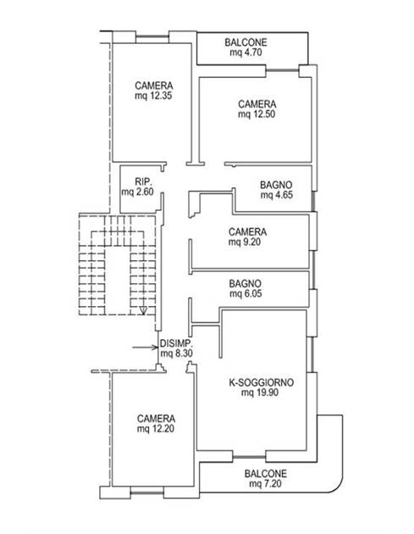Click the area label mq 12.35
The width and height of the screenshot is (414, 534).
153,96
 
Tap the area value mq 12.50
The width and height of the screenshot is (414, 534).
257,114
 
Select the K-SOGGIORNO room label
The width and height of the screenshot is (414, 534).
262,382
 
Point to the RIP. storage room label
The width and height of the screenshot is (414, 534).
143,181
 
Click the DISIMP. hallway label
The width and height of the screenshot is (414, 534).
176,343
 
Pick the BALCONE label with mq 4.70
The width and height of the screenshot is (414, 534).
246,42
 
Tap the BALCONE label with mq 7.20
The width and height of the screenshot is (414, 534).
265,474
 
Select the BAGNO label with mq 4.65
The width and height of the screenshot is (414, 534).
276,186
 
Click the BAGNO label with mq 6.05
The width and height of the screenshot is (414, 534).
245,284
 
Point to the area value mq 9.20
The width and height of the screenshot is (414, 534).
245,242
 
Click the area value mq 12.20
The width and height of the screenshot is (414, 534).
156,428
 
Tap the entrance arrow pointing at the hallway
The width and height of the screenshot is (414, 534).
146,348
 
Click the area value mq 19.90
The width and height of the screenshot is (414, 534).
260,392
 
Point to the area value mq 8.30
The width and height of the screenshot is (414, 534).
176,353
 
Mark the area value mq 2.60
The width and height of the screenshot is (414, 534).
138,192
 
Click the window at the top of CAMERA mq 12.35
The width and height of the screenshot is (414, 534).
152,37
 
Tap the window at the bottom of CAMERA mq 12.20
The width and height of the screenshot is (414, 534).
147,492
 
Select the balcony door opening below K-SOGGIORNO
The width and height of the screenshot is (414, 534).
250,456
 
